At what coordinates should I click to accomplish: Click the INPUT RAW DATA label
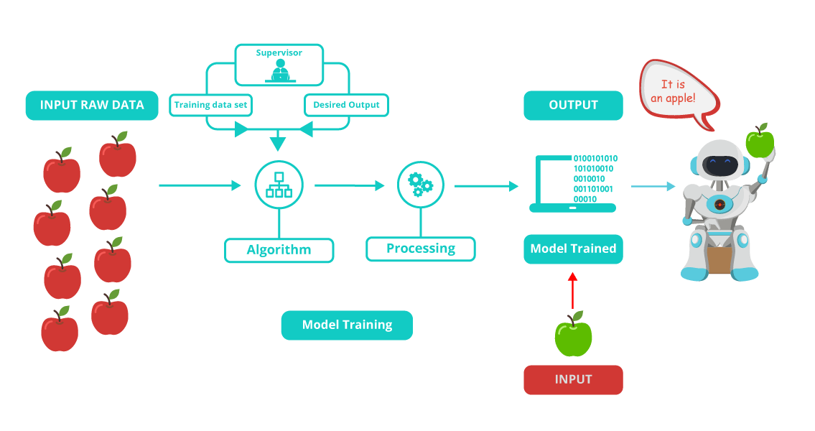(92, 105)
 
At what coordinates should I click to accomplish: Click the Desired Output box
(346, 105)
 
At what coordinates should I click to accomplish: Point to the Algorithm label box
(279, 250)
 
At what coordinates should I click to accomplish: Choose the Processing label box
(421, 249)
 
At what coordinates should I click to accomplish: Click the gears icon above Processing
(421, 185)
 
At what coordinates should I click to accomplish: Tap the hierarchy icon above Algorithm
(279, 185)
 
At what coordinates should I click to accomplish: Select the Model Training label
(347, 325)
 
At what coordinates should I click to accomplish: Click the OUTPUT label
(573, 105)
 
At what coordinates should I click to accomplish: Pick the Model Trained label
(573, 249)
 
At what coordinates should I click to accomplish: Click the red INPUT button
(573, 379)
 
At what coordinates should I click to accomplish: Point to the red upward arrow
(572, 289)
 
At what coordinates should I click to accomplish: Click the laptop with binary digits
(572, 183)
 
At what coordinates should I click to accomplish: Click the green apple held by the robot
(760, 142)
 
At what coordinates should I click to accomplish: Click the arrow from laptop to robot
(653, 187)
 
